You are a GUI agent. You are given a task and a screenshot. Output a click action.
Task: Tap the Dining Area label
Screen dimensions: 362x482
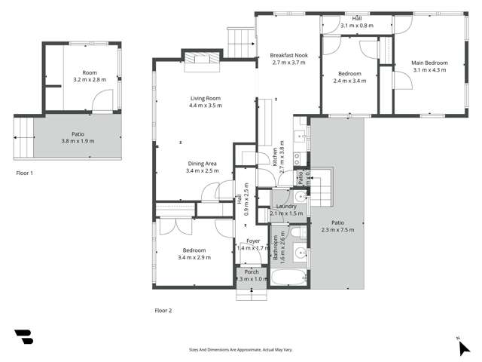pyautogui.click(x=203, y=167)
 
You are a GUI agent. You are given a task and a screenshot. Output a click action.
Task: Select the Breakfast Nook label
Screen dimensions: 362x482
pyautogui.click(x=288, y=59)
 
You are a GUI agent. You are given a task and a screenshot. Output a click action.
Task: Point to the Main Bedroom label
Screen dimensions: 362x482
pyautogui.click(x=429, y=66)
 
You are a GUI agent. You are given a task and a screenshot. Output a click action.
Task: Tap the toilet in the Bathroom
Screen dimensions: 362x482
pyautogui.click(x=300, y=253)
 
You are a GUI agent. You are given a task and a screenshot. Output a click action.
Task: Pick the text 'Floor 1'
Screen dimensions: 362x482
pyautogui.click(x=26, y=173)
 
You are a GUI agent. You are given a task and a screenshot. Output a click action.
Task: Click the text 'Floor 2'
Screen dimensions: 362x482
pyautogui.click(x=163, y=310)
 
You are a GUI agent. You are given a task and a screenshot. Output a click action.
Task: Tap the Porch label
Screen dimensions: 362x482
pyautogui.click(x=252, y=275)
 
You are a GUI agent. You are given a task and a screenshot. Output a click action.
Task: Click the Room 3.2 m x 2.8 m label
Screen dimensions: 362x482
pyautogui.click(x=90, y=75)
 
